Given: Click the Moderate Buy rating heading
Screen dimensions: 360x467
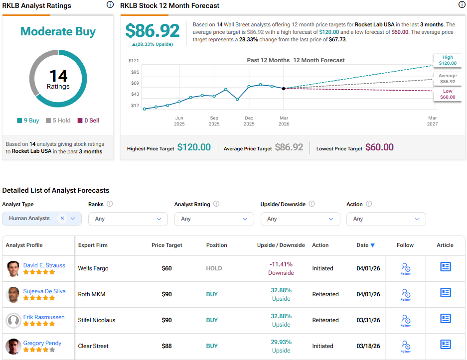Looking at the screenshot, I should [x=58, y=32].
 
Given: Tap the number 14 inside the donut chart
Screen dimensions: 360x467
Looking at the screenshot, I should [x=58, y=76].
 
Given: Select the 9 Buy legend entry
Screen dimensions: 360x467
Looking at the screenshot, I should [x=28, y=120].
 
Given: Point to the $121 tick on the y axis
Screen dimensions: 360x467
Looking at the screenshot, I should [x=134, y=60].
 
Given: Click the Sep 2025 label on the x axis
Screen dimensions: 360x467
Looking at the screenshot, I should [x=214, y=120].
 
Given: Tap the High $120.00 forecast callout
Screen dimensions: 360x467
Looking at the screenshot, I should [x=448, y=60].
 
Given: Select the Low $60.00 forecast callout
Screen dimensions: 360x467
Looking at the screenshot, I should [x=448, y=94].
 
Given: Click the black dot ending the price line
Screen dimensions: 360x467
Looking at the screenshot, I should [x=284, y=88].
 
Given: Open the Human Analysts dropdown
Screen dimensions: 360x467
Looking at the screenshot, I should [x=42, y=219].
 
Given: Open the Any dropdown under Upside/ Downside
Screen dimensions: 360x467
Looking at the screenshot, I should [x=300, y=219].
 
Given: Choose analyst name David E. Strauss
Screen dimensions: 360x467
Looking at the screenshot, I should [x=44, y=265].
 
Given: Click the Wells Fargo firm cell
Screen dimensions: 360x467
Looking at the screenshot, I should [x=93, y=268].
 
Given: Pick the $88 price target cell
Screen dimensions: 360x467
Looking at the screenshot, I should [x=167, y=346].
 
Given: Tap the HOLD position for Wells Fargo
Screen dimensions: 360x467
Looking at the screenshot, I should [x=214, y=268].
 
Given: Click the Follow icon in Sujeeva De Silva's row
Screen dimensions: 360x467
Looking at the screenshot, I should [x=405, y=294].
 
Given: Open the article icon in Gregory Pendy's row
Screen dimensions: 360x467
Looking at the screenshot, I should [x=445, y=345].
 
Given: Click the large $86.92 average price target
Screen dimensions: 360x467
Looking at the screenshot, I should [x=153, y=31].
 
